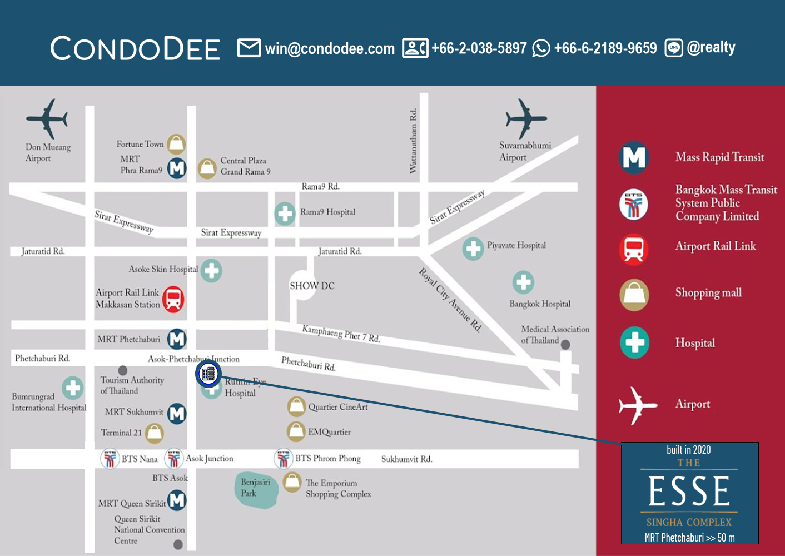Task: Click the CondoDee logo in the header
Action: [x=135, y=49]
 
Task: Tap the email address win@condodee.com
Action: [x=330, y=49]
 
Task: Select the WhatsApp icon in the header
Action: [x=540, y=48]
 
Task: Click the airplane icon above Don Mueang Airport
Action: [x=47, y=118]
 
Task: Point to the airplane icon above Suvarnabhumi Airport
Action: [x=525, y=118]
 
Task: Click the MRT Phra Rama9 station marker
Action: [x=177, y=167]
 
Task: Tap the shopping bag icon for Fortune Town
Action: [x=176, y=144]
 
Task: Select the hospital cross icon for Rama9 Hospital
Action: [x=285, y=213]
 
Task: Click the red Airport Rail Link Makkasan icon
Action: [x=173, y=299]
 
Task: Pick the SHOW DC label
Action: [x=312, y=286]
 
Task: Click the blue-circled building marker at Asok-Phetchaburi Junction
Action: [x=208, y=374]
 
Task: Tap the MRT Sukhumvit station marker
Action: [x=177, y=413]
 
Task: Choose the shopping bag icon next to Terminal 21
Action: [x=154, y=433]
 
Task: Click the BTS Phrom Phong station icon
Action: [x=284, y=459]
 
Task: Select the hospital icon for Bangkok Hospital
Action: [x=523, y=282]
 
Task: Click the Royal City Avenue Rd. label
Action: [x=450, y=300]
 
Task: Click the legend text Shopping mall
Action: [x=708, y=292]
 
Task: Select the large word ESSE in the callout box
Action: [x=689, y=491]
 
